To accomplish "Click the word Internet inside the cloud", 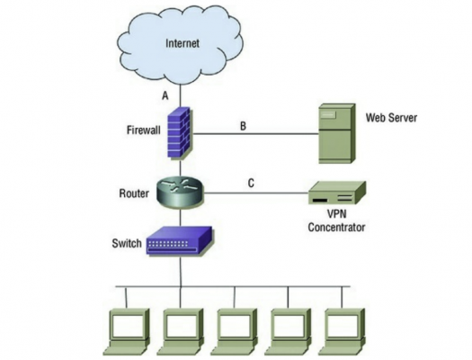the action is point(183,43).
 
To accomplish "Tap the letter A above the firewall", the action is point(165,95).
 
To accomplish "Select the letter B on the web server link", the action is point(243,126).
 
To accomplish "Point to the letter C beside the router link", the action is point(251,183).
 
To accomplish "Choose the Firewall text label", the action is point(144,130).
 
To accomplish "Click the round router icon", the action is point(181,192).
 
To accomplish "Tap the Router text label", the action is point(134,193).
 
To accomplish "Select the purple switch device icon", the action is point(180,240).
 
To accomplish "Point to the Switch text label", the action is point(127,243).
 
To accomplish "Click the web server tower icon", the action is point(337,133).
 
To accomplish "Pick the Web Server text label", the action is point(391,117).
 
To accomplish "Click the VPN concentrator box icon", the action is point(337,193).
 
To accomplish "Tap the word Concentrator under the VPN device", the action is point(336,227).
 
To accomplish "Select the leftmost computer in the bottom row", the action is point(127,332).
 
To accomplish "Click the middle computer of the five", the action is point(235,332).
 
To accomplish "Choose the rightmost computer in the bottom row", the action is point(343,332).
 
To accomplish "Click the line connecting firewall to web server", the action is point(256,133).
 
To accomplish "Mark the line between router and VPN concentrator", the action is point(256,193).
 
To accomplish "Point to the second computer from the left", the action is point(181,332).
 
